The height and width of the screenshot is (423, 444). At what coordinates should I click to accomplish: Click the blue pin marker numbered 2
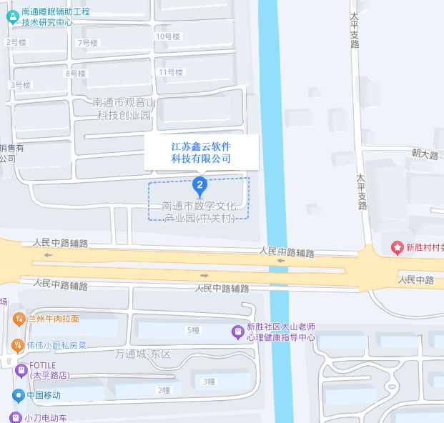(x=201, y=186)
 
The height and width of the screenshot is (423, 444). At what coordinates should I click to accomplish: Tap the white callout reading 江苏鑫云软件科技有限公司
(x=201, y=152)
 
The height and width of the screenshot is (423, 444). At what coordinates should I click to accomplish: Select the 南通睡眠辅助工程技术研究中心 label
(x=57, y=16)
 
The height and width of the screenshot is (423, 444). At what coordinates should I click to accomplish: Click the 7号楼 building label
(x=87, y=43)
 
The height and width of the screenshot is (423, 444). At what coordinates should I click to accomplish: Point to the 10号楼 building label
(x=167, y=36)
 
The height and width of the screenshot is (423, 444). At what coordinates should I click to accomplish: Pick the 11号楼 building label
(x=171, y=72)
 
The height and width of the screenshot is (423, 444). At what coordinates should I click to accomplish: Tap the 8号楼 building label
(x=75, y=74)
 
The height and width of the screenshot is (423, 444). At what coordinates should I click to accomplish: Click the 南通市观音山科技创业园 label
(x=124, y=109)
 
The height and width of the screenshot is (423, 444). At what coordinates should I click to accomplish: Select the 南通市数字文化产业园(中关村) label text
(x=199, y=211)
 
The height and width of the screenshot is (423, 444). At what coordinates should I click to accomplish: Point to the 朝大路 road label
(x=425, y=154)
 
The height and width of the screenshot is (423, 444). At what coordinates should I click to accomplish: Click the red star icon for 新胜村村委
(x=397, y=248)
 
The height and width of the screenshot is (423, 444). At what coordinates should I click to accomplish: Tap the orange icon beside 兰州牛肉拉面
(x=18, y=319)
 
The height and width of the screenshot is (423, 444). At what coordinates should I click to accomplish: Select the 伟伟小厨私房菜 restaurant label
(x=56, y=346)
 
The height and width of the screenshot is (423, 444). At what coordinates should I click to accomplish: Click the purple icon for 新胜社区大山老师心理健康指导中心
(x=237, y=332)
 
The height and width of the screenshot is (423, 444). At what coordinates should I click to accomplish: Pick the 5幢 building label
(x=193, y=330)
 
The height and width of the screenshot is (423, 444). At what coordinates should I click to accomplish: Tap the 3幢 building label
(x=208, y=382)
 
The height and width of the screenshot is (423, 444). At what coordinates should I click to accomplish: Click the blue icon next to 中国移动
(x=18, y=395)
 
